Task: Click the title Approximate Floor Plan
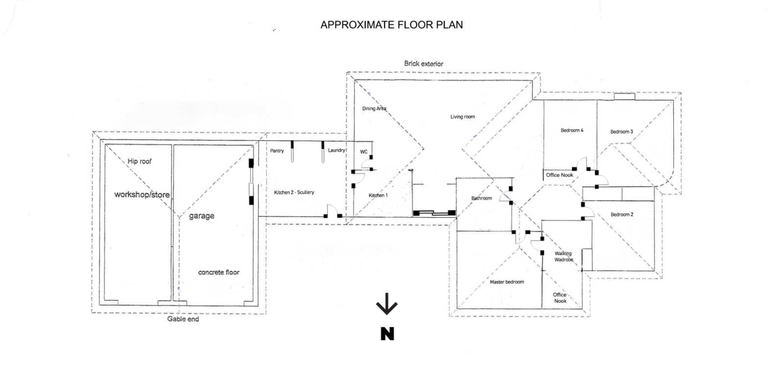[x=391, y=25]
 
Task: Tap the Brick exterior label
[x=423, y=64]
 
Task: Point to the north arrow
[x=387, y=304]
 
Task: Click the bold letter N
[x=387, y=334]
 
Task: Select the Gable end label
[x=183, y=319]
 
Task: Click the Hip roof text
[x=139, y=161]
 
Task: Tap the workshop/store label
[x=142, y=194]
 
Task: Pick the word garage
[x=202, y=216]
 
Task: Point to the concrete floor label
[x=219, y=272]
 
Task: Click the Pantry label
[x=277, y=151]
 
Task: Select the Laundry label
[x=337, y=150]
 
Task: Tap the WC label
[x=364, y=152]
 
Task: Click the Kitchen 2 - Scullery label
[x=294, y=192]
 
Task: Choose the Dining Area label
[x=374, y=109]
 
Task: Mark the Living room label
[x=462, y=117]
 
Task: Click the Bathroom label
[x=482, y=198]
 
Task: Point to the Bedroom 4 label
[x=572, y=130]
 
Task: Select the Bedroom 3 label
[x=622, y=132]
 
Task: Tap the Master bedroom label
[x=507, y=282]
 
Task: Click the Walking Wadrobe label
[x=563, y=256]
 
